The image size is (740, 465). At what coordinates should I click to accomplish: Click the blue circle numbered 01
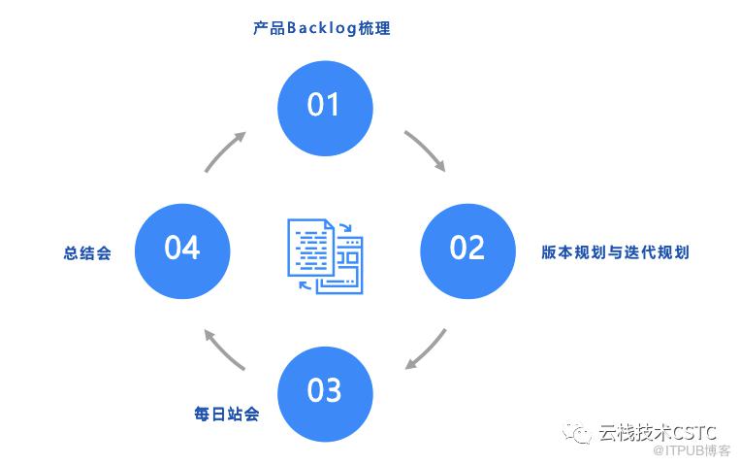325,108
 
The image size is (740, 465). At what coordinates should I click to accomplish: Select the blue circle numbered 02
467,250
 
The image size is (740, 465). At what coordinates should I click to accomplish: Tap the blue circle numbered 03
325,394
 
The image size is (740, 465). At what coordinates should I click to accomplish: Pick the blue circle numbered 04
182,250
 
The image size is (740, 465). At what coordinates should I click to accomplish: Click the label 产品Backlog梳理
322,28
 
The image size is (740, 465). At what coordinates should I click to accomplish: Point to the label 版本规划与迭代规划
616,252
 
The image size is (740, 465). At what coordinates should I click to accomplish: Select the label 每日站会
227,414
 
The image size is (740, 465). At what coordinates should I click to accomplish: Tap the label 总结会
87,252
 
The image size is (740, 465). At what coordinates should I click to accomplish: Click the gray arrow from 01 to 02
428,148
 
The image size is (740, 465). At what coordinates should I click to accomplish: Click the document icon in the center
325,255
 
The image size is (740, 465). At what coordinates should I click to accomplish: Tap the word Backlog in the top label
321,29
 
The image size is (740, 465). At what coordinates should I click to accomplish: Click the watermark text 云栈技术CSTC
658,432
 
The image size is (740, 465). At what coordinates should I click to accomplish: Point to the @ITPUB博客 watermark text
692,450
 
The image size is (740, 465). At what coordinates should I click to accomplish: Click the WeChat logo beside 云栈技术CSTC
577,432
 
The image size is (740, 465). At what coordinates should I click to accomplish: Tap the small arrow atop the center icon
346,227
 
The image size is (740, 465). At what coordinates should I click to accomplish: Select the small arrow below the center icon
306,284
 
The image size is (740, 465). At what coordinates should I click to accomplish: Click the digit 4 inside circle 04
191,248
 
